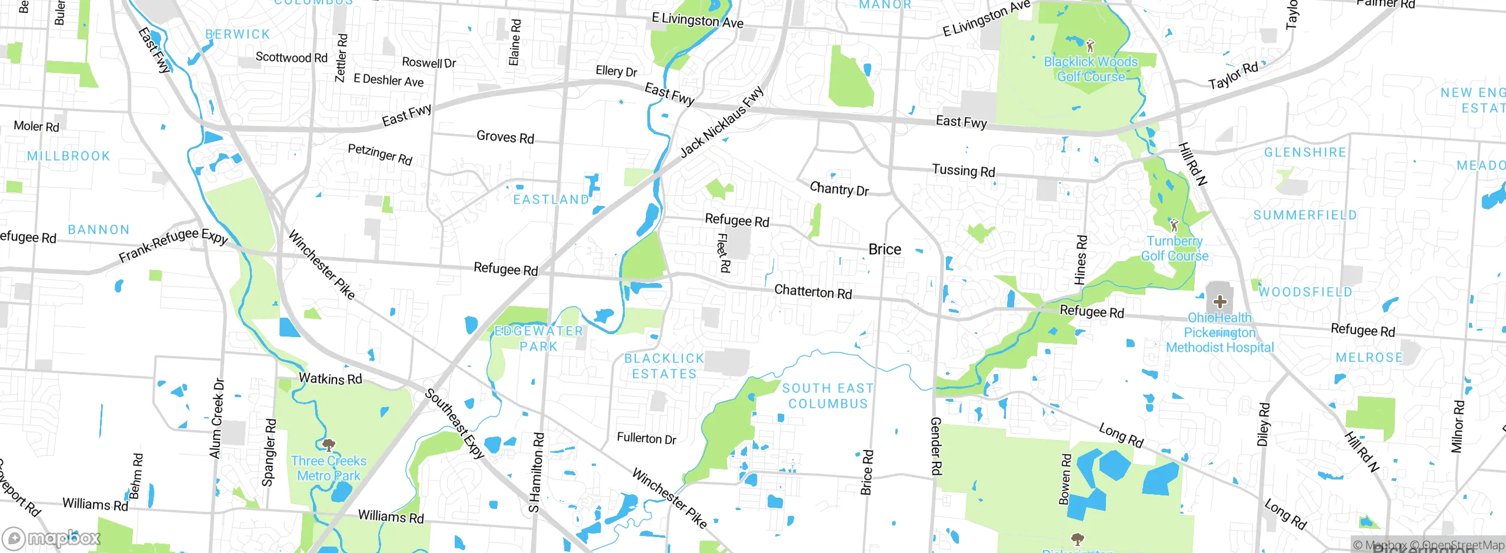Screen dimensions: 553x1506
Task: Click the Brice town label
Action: click(x=885, y=249)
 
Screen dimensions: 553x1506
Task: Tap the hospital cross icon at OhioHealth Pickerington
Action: click(x=1220, y=302)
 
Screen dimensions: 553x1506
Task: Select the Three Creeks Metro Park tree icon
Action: click(x=329, y=444)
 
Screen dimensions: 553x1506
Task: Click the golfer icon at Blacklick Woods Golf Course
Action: click(x=1090, y=45)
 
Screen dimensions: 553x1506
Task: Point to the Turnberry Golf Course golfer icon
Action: click(x=1174, y=225)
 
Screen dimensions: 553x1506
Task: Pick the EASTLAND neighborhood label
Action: click(x=551, y=200)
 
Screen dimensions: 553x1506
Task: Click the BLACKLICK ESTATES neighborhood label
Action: click(x=664, y=366)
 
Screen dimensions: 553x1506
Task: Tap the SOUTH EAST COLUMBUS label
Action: click(x=828, y=396)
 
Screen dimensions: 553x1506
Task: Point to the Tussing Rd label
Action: click(x=964, y=171)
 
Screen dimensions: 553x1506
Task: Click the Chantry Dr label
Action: click(x=839, y=189)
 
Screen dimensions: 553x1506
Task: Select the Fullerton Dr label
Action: click(x=647, y=438)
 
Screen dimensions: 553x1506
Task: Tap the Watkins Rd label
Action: click(x=330, y=379)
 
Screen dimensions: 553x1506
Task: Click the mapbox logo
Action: click(x=52, y=538)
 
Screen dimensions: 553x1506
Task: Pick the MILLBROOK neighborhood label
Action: click(x=68, y=156)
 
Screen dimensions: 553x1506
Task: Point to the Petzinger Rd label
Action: click(x=380, y=154)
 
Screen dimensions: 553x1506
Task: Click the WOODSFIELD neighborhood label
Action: click(x=1305, y=292)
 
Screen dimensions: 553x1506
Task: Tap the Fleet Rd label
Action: click(x=723, y=253)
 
